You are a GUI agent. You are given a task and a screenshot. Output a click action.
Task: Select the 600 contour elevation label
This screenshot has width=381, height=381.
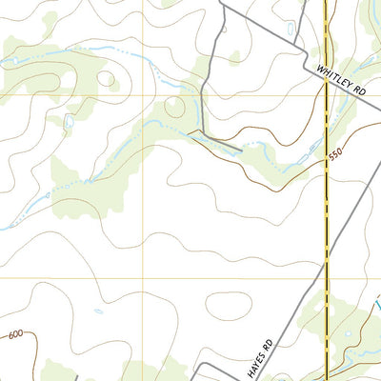click(14, 334)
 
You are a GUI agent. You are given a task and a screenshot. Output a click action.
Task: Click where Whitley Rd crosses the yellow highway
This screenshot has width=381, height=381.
click(326, 82)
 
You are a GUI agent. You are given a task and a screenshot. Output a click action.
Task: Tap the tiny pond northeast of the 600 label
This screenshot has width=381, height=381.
click(98, 311)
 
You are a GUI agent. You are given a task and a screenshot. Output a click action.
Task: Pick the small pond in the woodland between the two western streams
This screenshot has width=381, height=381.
click(68, 122)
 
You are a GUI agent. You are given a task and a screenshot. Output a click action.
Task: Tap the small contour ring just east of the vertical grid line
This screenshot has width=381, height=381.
click(174, 106)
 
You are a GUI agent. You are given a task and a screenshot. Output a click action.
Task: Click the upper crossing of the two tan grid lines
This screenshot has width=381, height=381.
click(145, 95)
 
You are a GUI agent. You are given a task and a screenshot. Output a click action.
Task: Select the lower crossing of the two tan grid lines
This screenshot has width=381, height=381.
click(145, 279)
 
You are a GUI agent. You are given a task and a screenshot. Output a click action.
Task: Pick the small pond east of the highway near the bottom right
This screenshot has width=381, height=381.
click(349, 332)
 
